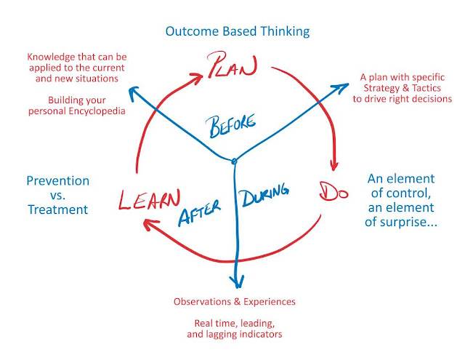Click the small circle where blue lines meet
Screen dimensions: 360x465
234,161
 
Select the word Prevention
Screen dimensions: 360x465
58,180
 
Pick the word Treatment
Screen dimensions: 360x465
58,209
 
